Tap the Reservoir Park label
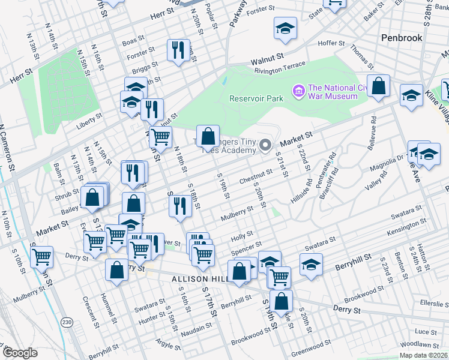[256, 98]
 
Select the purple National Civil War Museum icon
[298, 91]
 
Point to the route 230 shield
[67, 323]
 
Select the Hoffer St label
[331, 43]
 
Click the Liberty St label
[90, 127]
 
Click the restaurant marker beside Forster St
[178, 51]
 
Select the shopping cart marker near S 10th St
[42, 257]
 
